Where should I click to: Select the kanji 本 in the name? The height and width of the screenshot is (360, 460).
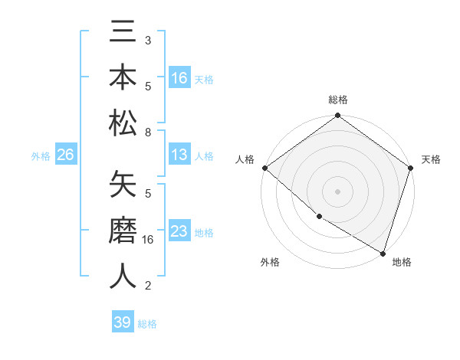click(123, 77)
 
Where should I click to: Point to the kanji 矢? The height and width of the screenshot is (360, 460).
click(123, 186)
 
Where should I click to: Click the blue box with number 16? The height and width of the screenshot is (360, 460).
click(179, 78)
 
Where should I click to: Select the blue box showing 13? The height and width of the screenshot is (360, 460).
click(179, 155)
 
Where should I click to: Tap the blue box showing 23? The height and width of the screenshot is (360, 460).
click(179, 231)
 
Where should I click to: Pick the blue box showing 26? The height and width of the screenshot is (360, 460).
click(65, 155)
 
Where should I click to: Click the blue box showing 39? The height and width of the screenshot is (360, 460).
click(123, 322)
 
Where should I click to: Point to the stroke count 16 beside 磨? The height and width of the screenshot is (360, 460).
click(149, 240)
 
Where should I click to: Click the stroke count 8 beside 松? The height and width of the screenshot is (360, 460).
click(148, 133)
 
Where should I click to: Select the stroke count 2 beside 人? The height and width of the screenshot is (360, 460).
click(148, 286)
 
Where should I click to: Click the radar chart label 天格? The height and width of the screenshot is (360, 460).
click(431, 159)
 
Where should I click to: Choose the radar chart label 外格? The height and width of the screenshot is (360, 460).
click(270, 262)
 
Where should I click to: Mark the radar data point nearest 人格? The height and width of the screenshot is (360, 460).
click(264, 168)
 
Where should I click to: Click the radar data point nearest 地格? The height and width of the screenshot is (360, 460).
click(383, 252)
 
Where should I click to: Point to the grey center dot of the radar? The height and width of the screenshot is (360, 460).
click(338, 191)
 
